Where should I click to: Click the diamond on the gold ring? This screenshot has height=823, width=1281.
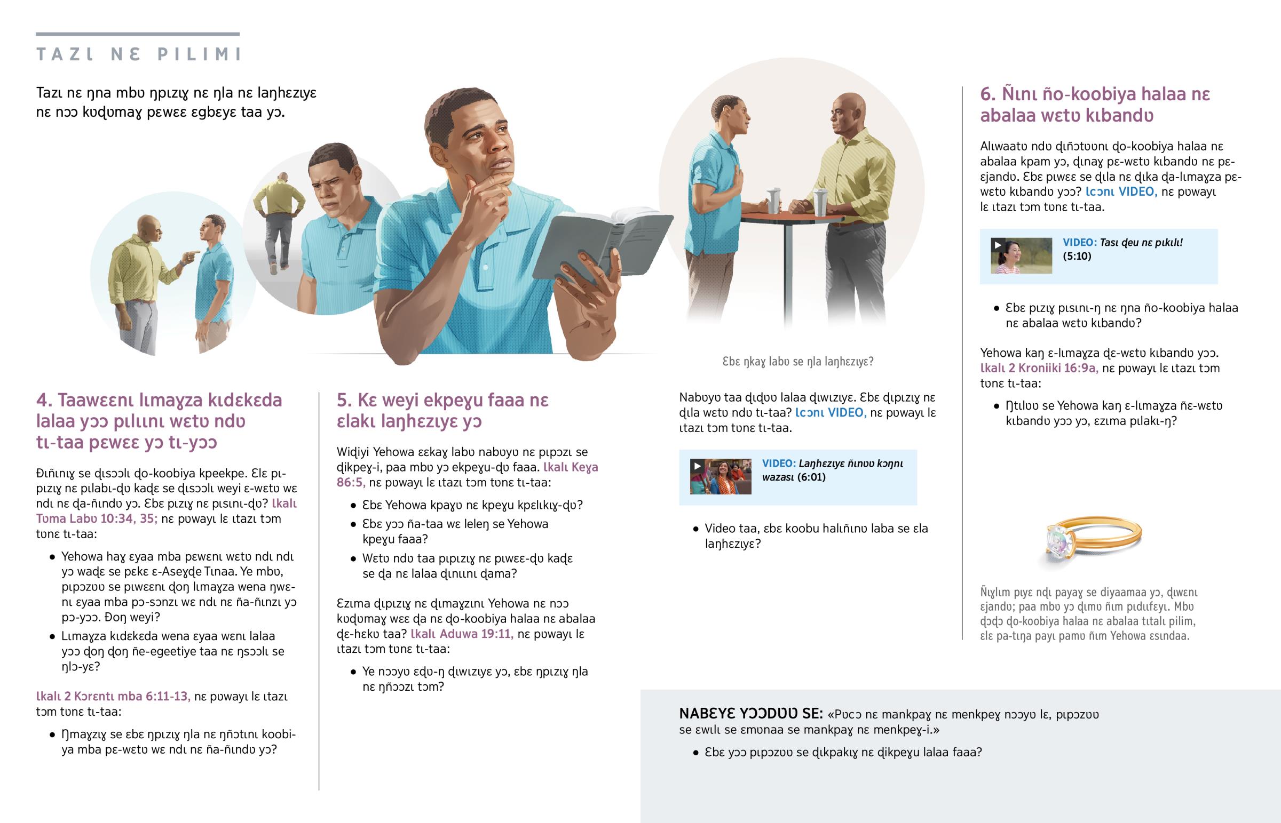coord(1057,541)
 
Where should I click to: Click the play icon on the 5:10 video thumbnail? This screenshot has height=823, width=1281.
coord(998,245)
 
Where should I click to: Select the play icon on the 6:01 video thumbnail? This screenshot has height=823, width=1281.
coord(697,466)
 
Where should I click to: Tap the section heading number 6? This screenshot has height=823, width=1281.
coord(987,94)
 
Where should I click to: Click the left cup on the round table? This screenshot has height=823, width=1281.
coord(773,201)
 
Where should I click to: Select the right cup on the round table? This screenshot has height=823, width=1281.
coord(820,203)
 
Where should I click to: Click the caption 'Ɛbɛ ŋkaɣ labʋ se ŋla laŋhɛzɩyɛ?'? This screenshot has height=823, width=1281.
coord(797,362)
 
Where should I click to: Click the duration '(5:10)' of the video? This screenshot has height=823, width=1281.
coord(1077,256)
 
